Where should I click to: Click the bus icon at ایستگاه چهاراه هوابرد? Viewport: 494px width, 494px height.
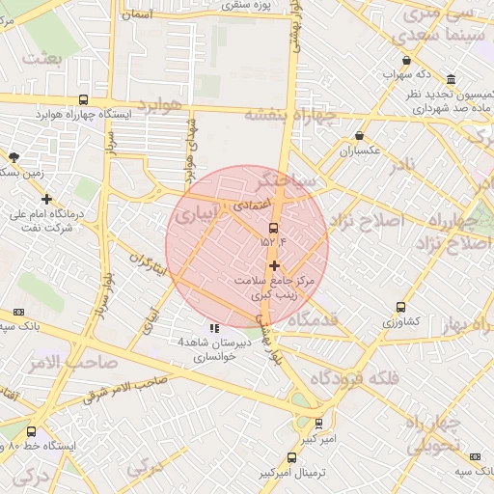[84, 99]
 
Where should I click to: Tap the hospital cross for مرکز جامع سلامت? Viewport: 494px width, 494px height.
[275, 265]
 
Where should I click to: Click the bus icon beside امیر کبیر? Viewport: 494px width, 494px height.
[319, 423]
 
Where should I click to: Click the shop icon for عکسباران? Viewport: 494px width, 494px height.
[360, 136]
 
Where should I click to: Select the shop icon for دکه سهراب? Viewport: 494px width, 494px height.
[407, 60]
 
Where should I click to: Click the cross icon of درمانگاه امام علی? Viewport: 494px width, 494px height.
[47, 199]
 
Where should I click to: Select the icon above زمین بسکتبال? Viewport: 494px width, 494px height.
[14, 156]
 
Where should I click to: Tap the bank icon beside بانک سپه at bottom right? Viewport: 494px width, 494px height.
[474, 456]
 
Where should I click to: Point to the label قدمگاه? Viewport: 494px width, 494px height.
[312, 319]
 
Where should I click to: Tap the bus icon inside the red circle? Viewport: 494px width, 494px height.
[274, 229]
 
